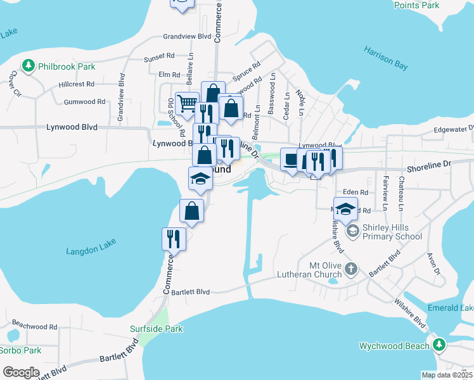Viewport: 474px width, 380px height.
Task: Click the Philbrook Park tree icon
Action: tap(28, 66)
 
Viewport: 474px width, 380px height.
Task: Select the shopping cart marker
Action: tap(187, 104)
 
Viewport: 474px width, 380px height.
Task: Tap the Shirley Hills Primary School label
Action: tap(392, 232)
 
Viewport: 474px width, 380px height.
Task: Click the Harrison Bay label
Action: tap(386, 58)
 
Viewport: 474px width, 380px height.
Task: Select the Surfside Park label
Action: tap(156, 329)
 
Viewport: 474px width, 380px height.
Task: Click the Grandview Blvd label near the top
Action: tap(186, 37)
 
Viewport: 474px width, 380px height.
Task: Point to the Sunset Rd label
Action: tap(158, 58)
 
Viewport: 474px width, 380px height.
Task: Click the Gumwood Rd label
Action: tap(84, 101)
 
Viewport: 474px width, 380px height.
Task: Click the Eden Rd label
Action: tap(355, 192)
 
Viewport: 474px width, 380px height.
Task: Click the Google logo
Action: tap(20, 372)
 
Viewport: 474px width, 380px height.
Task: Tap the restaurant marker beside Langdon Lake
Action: tap(174, 239)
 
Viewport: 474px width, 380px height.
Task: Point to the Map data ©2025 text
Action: tap(447, 375)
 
